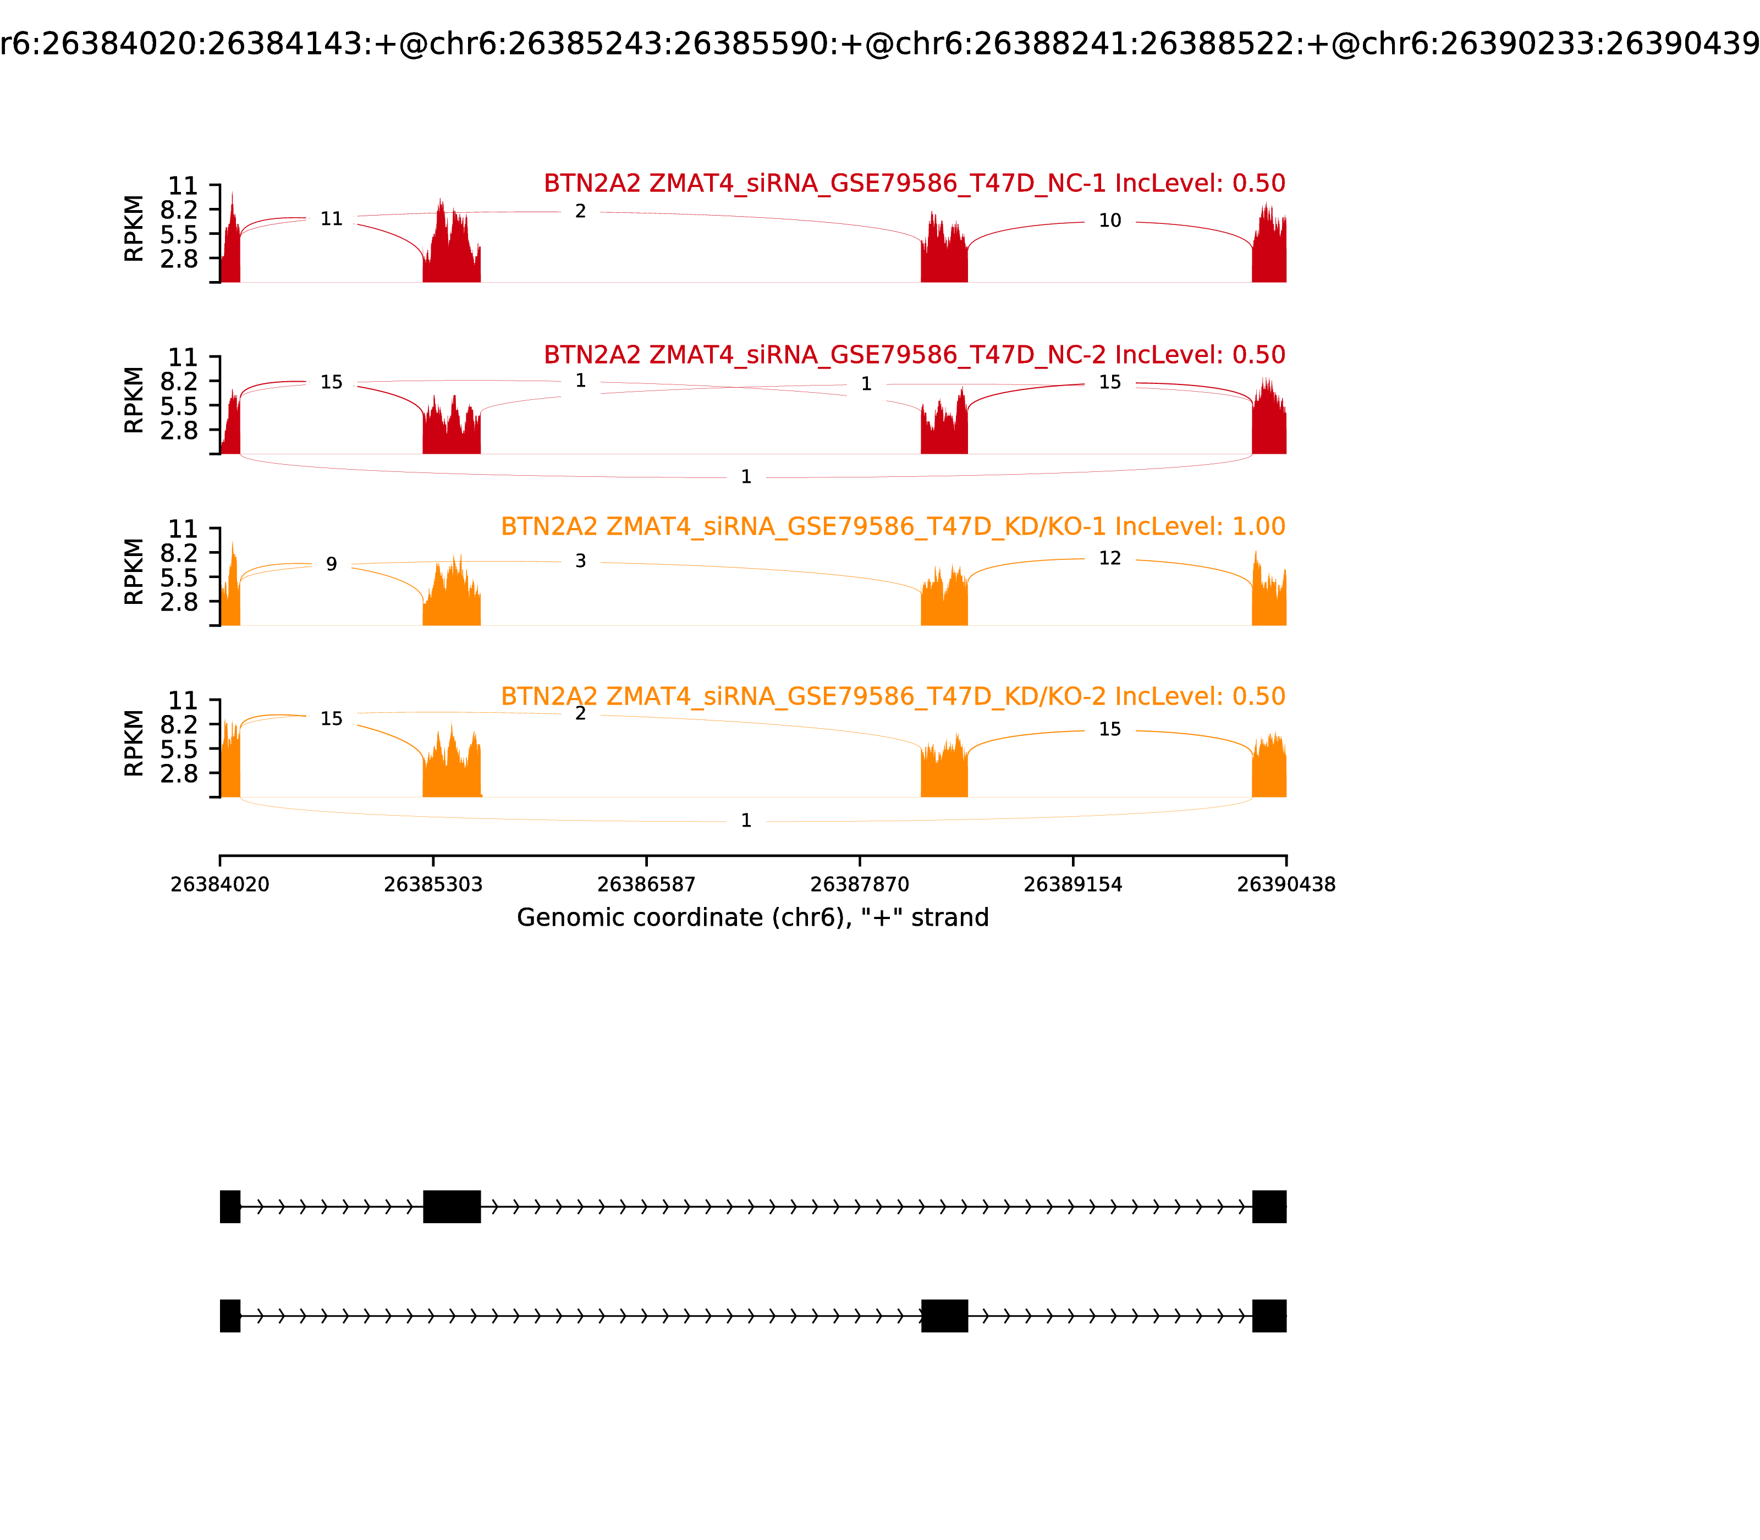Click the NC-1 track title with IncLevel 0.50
914,183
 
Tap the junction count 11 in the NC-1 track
332,219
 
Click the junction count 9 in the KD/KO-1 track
332,565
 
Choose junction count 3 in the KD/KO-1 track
581,561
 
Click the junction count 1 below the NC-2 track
746,477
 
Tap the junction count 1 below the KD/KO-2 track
746,821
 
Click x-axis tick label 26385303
433,884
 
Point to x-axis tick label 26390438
1286,884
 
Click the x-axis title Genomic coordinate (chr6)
753,918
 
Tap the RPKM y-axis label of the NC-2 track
134,400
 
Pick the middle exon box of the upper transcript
452,1207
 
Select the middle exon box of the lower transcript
944,1316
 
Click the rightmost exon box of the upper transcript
1269,1207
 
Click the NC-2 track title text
914,355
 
